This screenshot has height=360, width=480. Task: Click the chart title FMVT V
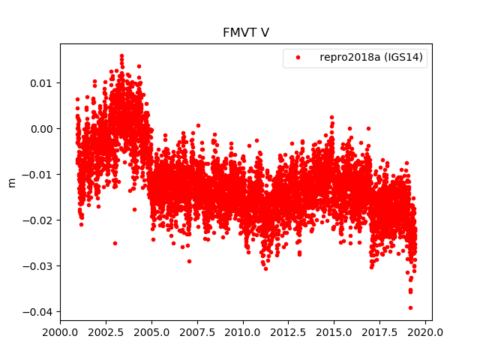(x=245, y=33)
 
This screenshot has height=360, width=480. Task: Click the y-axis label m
(x=11, y=182)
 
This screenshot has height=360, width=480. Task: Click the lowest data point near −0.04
(x=410, y=307)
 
